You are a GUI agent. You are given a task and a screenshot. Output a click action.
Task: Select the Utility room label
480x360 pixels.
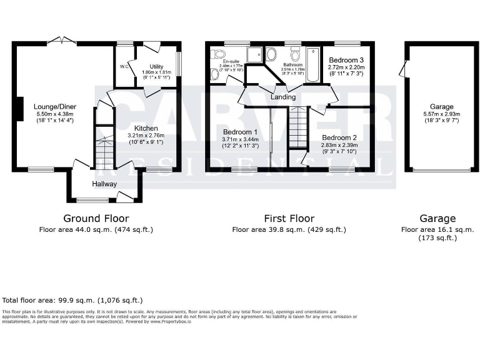pos(156,66)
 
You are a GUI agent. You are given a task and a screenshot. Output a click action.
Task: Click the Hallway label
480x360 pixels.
pos(104,184)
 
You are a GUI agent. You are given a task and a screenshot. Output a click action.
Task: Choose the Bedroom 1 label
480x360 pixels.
pos(240,132)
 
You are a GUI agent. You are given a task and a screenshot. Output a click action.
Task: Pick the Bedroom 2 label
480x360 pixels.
pos(339,137)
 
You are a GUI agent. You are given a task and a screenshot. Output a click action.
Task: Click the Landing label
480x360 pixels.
pos(283,97)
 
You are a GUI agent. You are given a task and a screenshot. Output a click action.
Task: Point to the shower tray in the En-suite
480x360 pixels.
pos(255,54)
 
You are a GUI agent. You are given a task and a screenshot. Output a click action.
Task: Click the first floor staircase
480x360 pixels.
pos(297,128)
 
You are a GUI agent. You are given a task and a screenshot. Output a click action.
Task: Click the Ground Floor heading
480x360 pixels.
pos(96,218)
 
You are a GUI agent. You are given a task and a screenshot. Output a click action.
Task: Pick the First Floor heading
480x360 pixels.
pos(289,218)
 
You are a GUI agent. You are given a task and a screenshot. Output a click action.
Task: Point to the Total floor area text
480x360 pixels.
pos(73,301)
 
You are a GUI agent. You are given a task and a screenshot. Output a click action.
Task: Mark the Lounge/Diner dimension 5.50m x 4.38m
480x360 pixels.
pos(54,114)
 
